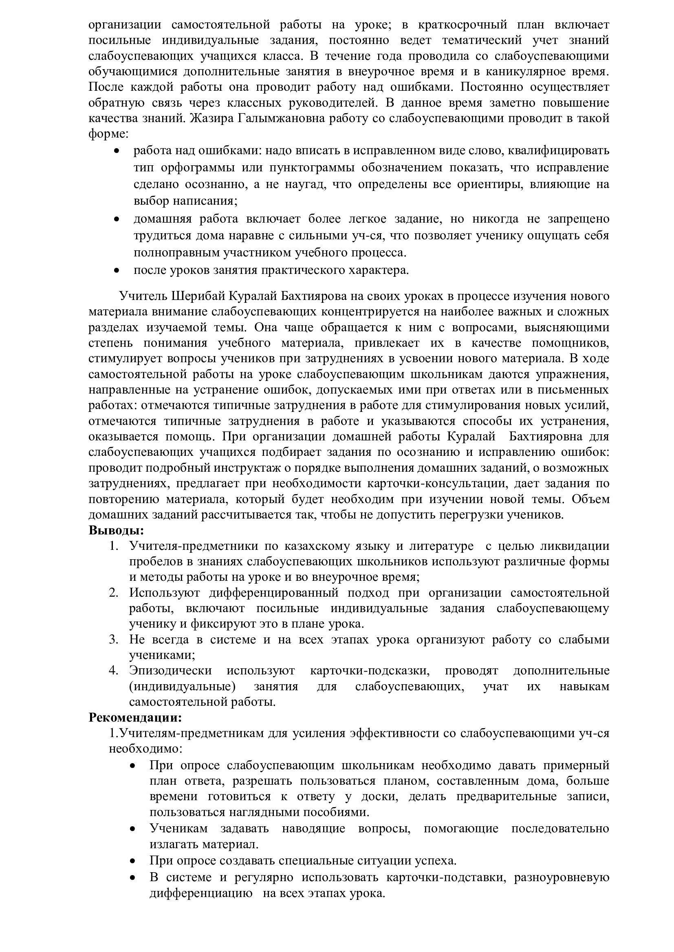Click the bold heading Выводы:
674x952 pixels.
tap(116, 530)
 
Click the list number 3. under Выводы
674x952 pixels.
tap(114, 639)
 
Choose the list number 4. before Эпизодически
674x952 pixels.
tap(114, 670)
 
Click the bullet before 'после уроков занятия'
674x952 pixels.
tap(117, 271)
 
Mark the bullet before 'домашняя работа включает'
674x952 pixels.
tap(117, 219)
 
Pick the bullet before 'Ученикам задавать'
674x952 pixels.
tap(133, 829)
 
